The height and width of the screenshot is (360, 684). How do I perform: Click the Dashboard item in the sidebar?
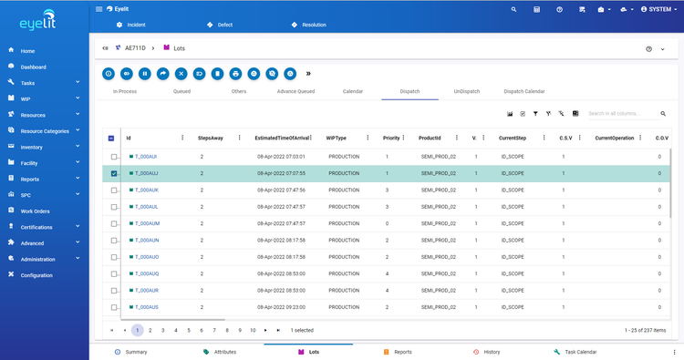pos(33,67)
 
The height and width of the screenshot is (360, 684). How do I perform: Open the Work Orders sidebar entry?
pos(36,211)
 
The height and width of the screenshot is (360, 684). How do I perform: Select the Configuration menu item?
pos(36,274)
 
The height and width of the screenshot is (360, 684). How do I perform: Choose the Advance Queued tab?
pos(295,92)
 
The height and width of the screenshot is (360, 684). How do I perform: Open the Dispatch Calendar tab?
pos(523,92)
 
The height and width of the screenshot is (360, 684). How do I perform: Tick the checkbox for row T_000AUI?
pos(114,158)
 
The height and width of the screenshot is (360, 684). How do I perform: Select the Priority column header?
pos(391,138)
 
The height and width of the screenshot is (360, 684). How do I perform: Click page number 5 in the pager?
pos(189,330)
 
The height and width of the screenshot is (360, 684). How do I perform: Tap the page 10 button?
pos(253,330)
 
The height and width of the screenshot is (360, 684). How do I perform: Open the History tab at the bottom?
pos(492,351)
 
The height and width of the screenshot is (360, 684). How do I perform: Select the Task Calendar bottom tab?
pos(580,351)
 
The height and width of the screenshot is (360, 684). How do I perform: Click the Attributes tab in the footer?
pos(224,351)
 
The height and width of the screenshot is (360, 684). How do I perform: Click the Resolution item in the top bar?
pos(313,25)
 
